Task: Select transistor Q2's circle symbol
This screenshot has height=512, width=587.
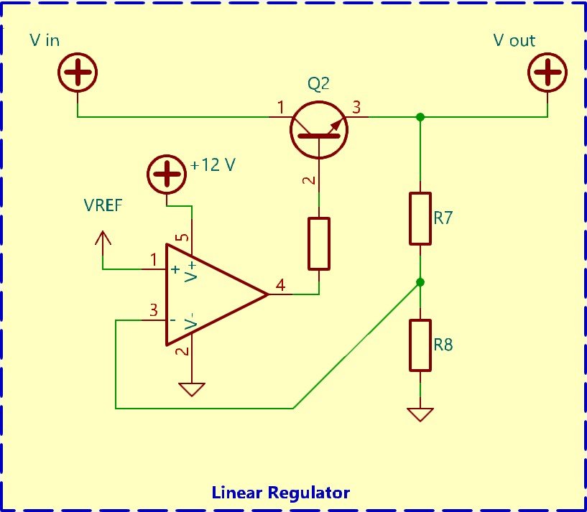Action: tap(318, 129)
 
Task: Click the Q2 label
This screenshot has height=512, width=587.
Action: tap(318, 84)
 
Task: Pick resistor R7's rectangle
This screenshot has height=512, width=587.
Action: tap(420, 218)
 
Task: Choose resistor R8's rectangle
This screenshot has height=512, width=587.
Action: tap(420, 345)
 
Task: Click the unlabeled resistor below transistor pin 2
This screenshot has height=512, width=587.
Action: tap(318, 243)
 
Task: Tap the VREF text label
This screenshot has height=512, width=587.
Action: tap(103, 205)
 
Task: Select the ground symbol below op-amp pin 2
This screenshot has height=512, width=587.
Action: tap(192, 389)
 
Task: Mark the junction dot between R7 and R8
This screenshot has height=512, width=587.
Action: tap(420, 282)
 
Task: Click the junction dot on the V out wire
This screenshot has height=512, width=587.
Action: tap(420, 116)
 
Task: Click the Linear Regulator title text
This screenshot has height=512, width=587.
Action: tap(281, 493)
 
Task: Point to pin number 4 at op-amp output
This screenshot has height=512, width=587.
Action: tap(280, 285)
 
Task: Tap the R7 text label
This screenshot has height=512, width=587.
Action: tap(443, 218)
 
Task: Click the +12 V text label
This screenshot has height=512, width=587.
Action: tap(213, 166)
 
